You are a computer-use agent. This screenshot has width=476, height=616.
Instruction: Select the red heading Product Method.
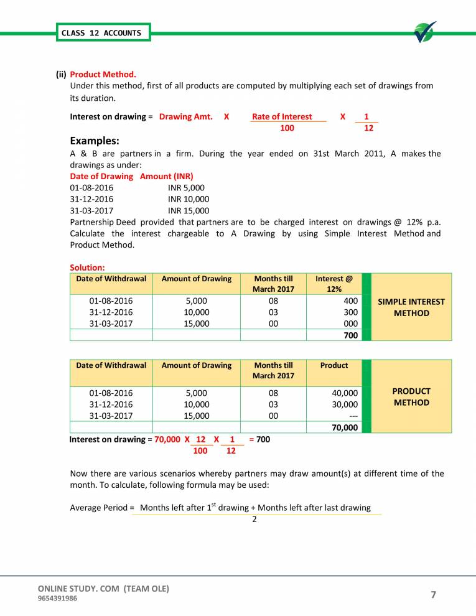coord(103,75)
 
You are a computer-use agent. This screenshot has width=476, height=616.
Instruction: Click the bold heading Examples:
coord(95,141)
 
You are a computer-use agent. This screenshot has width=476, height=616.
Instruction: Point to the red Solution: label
coord(87,268)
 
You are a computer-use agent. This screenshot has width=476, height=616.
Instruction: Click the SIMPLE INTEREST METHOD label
coord(411,307)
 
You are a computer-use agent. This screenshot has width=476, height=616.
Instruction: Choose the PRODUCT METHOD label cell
coord(411,397)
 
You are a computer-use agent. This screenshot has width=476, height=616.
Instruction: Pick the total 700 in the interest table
coord(350,335)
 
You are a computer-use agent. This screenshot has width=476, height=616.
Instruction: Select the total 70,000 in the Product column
coord(345,427)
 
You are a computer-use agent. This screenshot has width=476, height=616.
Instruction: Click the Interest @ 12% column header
coord(334,284)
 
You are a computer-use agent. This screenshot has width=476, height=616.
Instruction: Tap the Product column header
coord(334,365)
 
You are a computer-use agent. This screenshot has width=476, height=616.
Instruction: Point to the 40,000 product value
coord(345,393)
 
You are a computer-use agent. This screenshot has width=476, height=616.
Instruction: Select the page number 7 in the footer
coord(434,595)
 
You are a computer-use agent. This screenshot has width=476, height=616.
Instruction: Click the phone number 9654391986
coord(58,599)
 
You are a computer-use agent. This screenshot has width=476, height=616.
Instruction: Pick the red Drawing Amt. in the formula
coord(185,116)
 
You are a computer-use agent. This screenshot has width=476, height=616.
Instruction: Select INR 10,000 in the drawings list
coord(189,198)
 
